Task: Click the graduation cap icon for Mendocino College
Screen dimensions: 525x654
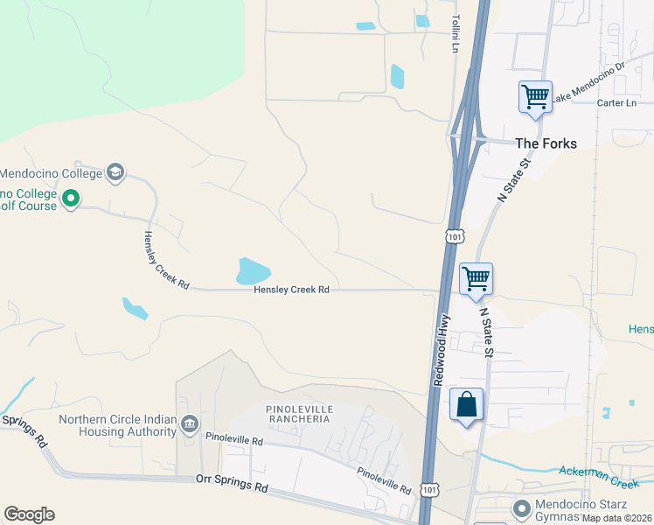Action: coord(115,172)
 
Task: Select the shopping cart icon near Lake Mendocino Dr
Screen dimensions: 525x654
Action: coord(535,96)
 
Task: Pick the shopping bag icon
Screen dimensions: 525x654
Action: coord(466,404)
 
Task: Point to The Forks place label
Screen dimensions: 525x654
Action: coord(546,143)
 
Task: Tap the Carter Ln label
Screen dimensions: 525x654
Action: coord(616,103)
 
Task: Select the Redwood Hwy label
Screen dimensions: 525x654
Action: coord(442,350)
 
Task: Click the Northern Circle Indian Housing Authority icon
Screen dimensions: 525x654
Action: coord(189,425)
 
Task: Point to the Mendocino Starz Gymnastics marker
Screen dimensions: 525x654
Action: coord(521,507)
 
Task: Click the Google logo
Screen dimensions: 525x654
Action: coord(29,514)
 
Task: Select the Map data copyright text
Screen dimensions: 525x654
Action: coord(617,518)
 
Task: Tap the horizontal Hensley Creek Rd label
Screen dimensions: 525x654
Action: coord(291,290)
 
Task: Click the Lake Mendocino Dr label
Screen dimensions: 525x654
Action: coord(589,79)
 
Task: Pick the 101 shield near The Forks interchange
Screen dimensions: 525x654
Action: coord(454,235)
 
